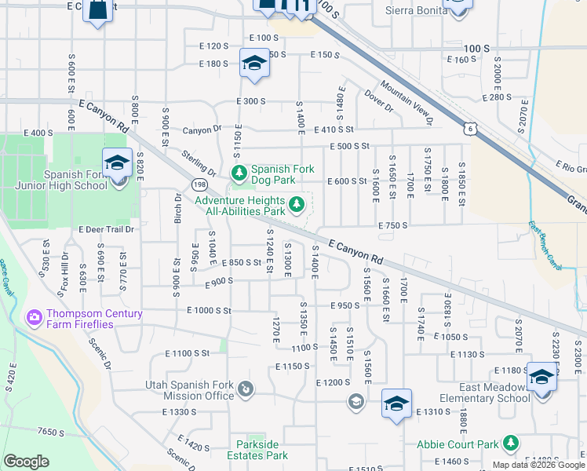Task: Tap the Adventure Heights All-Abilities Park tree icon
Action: coord(297,205)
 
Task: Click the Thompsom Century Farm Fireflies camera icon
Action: coord(35,318)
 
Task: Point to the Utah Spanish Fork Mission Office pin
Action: coord(246,389)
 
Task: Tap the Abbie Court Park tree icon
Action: coord(511,444)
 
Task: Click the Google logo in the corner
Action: coord(26,462)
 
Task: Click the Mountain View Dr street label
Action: coord(407,102)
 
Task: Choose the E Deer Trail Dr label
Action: coord(107,229)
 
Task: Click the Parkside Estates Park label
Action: coord(257,450)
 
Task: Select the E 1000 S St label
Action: coord(209,311)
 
